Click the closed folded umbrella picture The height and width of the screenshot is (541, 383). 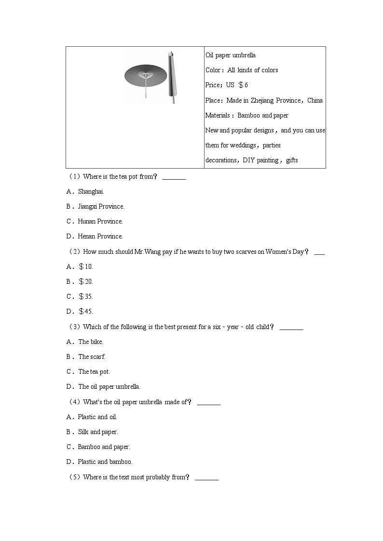(x=172, y=77)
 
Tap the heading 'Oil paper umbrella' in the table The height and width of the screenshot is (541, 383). (x=231, y=55)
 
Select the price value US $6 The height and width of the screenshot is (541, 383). (x=237, y=85)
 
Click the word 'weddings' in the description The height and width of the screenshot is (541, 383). (x=244, y=145)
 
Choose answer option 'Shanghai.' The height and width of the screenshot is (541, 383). (x=91, y=191)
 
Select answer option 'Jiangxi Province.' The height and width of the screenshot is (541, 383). (x=101, y=206)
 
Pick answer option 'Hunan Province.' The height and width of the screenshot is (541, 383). (x=100, y=221)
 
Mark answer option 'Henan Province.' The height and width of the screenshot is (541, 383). (x=100, y=236)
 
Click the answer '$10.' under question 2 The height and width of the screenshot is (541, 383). (x=86, y=266)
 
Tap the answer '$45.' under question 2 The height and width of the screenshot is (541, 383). (x=86, y=311)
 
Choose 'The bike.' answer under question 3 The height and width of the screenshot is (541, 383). (x=91, y=342)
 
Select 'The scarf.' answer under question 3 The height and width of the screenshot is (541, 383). (x=92, y=356)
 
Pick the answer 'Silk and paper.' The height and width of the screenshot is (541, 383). (x=98, y=432)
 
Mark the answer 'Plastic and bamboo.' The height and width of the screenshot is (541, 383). (x=105, y=462)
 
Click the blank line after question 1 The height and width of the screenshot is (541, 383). (x=174, y=177)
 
